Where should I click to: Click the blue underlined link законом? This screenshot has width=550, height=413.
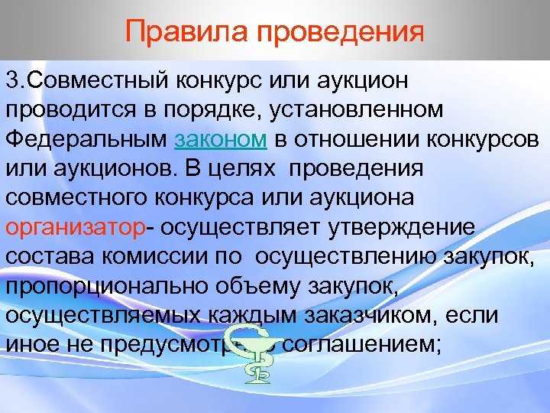click(x=221, y=141)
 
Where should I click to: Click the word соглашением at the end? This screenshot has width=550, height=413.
click(x=363, y=346)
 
